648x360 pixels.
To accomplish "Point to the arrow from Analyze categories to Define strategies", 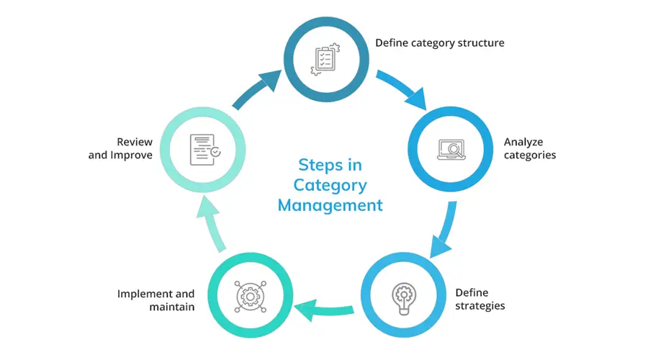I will tap(444, 229).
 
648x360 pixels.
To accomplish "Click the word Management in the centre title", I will tap(330, 205).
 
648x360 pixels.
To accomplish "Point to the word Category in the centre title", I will tap(330, 185).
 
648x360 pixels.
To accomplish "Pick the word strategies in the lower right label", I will tap(480, 306).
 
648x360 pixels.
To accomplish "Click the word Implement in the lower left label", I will tap(145, 294).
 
